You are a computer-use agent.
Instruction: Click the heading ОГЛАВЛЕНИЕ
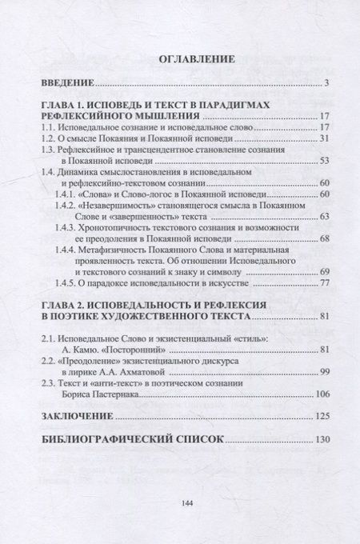click(179, 58)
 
